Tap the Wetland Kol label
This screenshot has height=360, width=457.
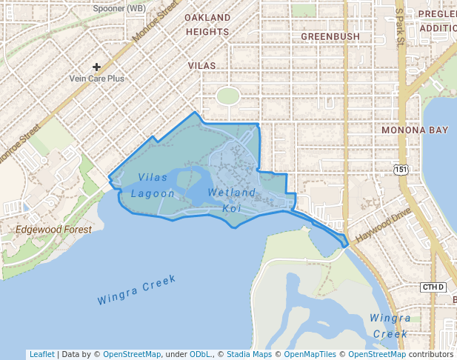[232, 200]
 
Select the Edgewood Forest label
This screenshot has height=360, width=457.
[54, 230]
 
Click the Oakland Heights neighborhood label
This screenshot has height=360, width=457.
[207, 24]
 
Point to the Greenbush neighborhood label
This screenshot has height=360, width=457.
[330, 36]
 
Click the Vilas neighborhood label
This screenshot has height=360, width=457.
[202, 66]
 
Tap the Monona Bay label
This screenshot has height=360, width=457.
[415, 130]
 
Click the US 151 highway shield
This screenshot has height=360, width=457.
[401, 170]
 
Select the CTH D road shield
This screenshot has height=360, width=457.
[433, 287]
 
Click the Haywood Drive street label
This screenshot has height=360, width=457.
[382, 227]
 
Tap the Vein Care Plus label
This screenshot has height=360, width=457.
[96, 78]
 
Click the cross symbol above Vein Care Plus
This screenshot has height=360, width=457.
[96, 67]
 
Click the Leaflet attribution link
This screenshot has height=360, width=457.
[42, 354]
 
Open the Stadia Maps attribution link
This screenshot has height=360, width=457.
[248, 354]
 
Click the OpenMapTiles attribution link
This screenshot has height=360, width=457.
[311, 354]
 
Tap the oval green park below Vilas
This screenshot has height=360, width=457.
[228, 96]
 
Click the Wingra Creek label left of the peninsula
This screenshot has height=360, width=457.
[137, 290]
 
